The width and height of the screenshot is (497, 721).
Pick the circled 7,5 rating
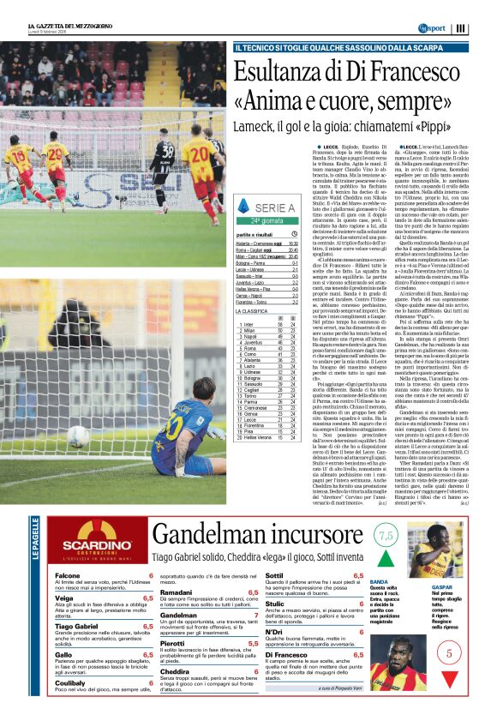click(x=387, y=535)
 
